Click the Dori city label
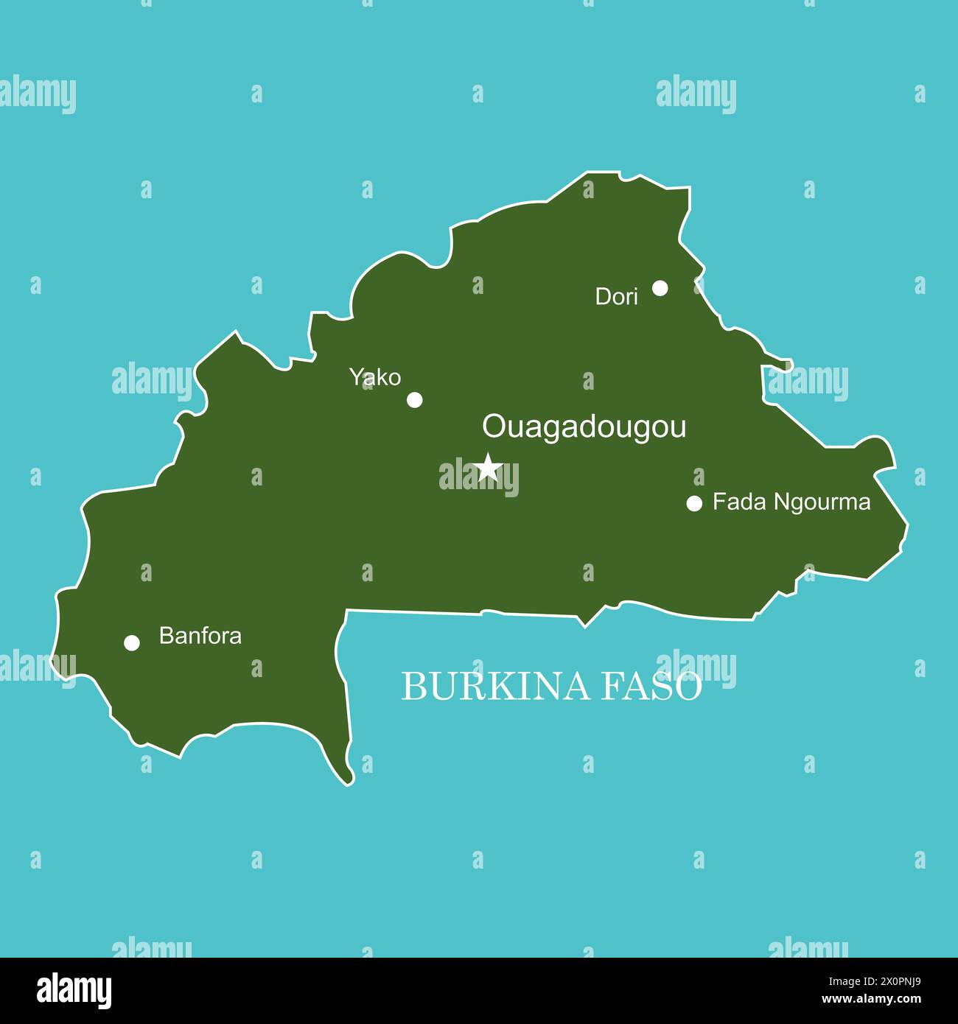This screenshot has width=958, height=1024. (x=616, y=297)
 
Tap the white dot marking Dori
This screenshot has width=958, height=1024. (x=660, y=288)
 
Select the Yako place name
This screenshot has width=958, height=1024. (x=375, y=378)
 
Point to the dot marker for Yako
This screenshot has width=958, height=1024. (x=415, y=400)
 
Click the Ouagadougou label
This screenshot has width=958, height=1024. (x=584, y=427)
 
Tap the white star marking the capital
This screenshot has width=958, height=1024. (x=488, y=466)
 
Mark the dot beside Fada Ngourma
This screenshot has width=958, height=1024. (x=694, y=503)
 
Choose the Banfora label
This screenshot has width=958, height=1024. (x=200, y=636)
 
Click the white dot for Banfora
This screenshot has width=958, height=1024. (x=132, y=643)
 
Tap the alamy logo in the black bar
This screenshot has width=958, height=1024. (x=74, y=989)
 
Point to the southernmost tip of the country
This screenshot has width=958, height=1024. (x=349, y=782)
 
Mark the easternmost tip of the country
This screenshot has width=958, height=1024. (x=907, y=525)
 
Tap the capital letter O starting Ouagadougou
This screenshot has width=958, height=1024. (x=492, y=427)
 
